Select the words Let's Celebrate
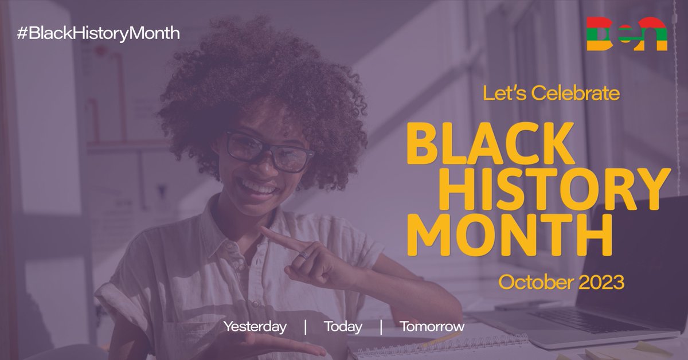pyautogui.click(x=551, y=92)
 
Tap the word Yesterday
pyautogui.click(x=255, y=327)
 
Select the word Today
pyautogui.click(x=343, y=327)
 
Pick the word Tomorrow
pyautogui.click(x=432, y=327)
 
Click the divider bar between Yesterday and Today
pyautogui.click(x=305, y=327)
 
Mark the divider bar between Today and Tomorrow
pyautogui.click(x=381, y=327)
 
